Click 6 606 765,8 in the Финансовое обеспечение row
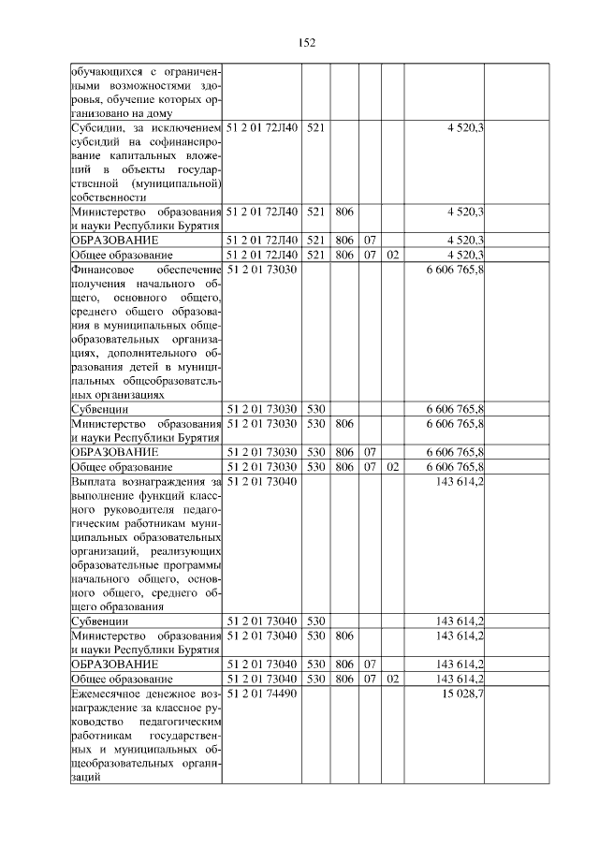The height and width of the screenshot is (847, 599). [454, 270]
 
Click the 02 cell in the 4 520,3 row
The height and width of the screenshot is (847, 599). [393, 255]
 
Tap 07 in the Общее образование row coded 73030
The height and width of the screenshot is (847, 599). [370, 466]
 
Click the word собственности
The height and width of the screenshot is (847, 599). [109, 197]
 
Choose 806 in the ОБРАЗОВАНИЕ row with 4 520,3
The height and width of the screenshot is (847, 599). [343, 241]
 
